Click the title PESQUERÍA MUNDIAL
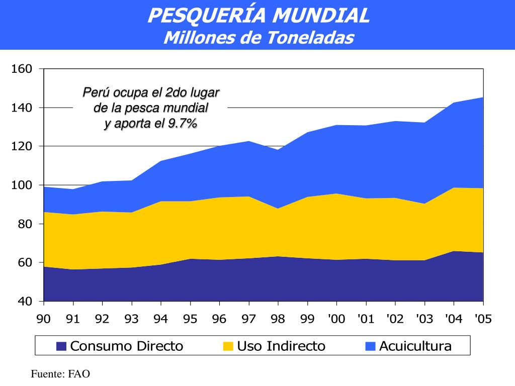click(259, 16)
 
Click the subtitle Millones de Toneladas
click(259, 38)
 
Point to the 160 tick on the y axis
click(22, 69)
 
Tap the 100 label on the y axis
click(22, 185)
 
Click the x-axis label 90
click(44, 319)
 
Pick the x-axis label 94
click(161, 319)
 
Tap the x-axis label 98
click(278, 319)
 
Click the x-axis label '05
click(483, 319)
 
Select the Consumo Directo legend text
click(126, 346)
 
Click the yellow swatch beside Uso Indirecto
click(228, 346)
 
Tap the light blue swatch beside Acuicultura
click(371, 346)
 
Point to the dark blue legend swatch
click(61, 346)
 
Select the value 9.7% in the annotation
click(182, 124)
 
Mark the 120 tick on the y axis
click(22, 146)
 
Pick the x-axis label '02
click(395, 319)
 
